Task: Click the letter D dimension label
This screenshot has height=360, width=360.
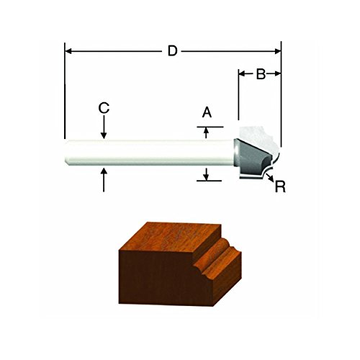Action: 172,51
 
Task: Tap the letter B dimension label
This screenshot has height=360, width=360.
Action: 261,74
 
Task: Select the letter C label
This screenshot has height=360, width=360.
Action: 104,108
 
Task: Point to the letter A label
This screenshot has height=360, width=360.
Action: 207,112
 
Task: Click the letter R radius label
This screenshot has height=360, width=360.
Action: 280,186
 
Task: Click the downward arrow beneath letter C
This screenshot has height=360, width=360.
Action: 104,127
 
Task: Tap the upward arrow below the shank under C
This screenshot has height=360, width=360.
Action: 104,180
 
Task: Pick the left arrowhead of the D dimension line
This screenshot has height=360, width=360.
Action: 68,51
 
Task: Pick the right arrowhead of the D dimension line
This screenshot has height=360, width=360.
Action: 278,51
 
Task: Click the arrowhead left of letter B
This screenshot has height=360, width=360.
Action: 243,73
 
